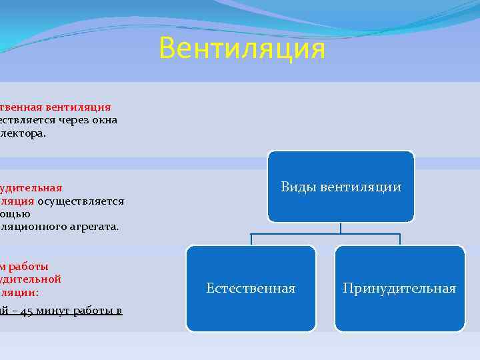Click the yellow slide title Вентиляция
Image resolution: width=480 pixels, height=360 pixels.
(243, 49)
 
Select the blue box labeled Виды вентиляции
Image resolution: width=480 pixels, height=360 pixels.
(341, 187)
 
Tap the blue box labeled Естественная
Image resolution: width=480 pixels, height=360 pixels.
(251, 289)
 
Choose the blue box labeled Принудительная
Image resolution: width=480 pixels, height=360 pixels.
(399, 289)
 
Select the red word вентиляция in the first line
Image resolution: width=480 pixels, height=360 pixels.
(78, 107)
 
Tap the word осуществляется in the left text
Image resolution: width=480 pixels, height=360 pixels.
(81, 201)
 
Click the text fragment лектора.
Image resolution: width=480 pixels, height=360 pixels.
(23, 133)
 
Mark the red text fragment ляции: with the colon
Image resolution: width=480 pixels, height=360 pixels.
(20, 292)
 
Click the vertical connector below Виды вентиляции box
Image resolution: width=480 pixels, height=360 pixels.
(341, 228)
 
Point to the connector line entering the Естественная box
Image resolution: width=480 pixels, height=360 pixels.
(251, 239)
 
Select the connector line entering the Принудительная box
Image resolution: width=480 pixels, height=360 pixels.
(399, 239)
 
